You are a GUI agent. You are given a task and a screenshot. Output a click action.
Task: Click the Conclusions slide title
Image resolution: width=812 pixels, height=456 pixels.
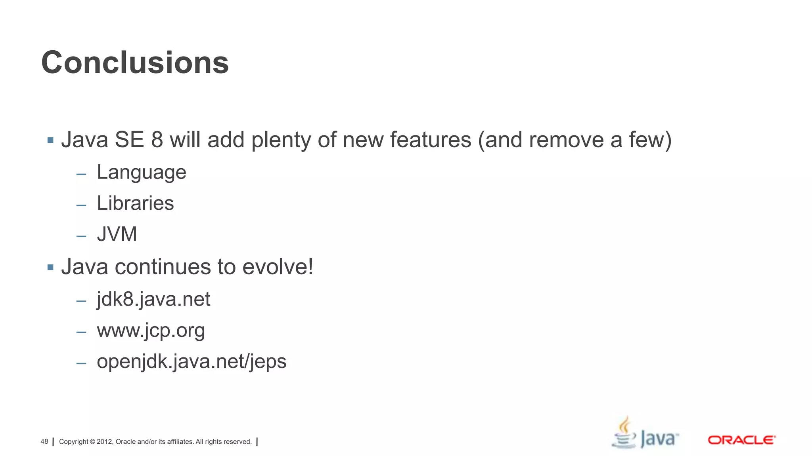coord(135,63)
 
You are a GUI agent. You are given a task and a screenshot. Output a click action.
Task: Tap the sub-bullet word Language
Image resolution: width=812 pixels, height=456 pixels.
coord(141,173)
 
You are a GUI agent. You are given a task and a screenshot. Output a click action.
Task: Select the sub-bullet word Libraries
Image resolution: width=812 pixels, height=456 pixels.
coord(135,203)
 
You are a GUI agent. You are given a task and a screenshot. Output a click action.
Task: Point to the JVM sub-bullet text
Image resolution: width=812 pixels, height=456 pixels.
coord(117,234)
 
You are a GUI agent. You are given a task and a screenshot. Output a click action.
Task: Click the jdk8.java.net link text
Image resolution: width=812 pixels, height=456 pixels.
coord(153,299)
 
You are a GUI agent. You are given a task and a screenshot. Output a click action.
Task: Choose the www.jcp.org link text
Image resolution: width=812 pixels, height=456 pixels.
coord(151,331)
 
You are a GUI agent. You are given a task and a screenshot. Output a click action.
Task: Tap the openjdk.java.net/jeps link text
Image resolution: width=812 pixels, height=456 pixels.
coord(192,362)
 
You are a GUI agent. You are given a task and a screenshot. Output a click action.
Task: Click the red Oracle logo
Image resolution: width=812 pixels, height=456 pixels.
coord(741,440)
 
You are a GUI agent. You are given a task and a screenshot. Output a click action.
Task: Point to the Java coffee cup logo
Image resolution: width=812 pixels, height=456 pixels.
coord(624,433)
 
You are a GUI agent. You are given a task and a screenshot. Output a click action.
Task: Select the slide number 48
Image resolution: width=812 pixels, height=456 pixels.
coord(44,442)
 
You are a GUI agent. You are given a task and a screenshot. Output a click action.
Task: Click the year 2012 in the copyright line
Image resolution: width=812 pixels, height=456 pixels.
coord(105,442)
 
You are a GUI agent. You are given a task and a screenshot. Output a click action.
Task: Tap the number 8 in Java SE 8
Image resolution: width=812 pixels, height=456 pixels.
coord(157,140)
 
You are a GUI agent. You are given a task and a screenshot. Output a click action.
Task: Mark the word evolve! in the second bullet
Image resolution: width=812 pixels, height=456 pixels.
coord(278,267)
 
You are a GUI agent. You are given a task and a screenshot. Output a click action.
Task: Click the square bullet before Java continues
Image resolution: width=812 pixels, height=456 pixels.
coord(50,268)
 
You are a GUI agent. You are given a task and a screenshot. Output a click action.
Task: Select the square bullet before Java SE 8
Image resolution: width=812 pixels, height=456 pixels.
coord(50,140)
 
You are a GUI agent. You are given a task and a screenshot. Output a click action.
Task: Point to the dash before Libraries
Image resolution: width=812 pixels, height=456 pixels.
coord(81,205)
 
